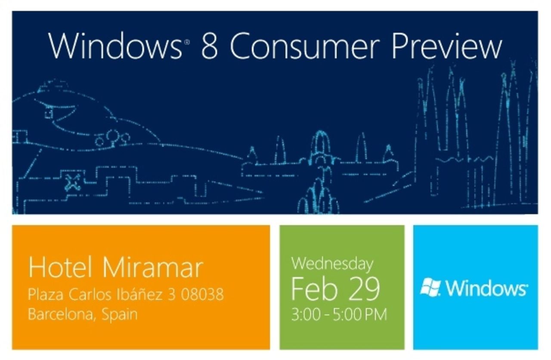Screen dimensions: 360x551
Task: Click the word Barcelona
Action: click(62, 314)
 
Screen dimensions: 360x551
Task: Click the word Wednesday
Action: click(332, 263)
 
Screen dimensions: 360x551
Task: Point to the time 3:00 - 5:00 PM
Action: click(339, 314)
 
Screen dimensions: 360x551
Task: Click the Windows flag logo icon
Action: click(430, 287)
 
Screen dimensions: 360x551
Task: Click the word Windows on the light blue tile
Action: click(486, 288)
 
